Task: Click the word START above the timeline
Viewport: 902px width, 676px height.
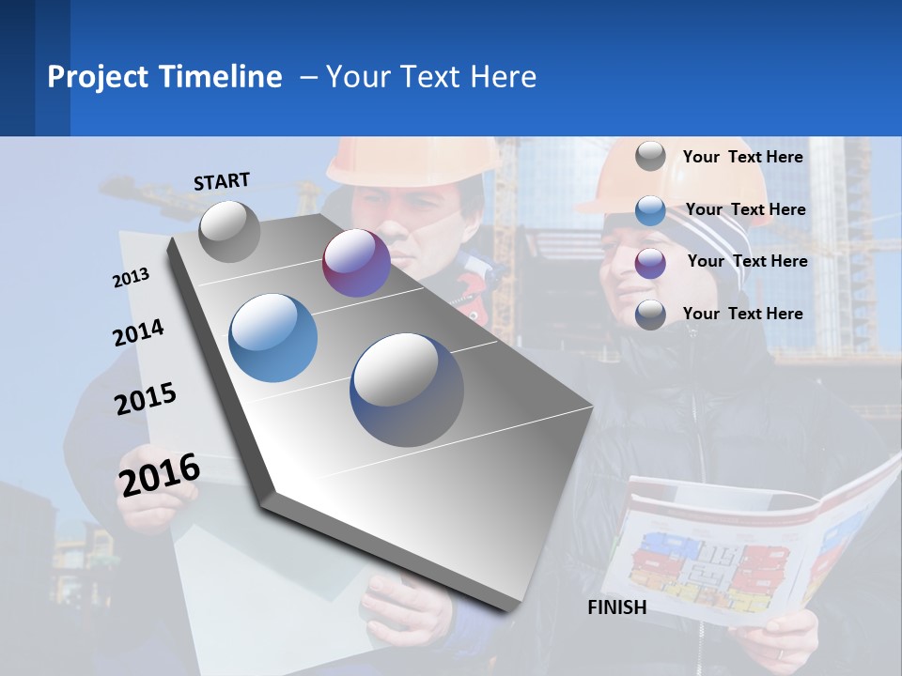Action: point(222,181)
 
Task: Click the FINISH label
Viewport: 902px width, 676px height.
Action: point(616,607)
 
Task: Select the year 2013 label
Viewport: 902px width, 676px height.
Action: point(131,278)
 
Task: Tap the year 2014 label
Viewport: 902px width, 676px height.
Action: point(138,332)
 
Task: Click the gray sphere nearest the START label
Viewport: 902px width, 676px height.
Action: point(230,231)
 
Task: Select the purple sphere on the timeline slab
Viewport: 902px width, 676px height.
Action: point(356,263)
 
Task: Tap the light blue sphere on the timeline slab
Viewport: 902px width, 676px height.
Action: point(272,338)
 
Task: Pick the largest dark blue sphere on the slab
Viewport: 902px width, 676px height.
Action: point(407,390)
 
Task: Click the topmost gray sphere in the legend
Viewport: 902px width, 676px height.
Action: point(650,156)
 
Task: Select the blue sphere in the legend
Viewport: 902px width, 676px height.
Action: point(650,210)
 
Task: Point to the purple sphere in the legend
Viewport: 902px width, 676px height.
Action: point(650,263)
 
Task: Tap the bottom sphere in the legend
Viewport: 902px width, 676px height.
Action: point(650,315)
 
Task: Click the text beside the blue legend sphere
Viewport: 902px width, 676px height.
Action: point(745,209)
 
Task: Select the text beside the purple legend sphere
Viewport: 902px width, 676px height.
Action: point(747,261)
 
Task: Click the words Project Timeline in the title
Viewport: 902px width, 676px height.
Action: point(164,77)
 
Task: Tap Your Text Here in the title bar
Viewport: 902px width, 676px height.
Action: point(430,77)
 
